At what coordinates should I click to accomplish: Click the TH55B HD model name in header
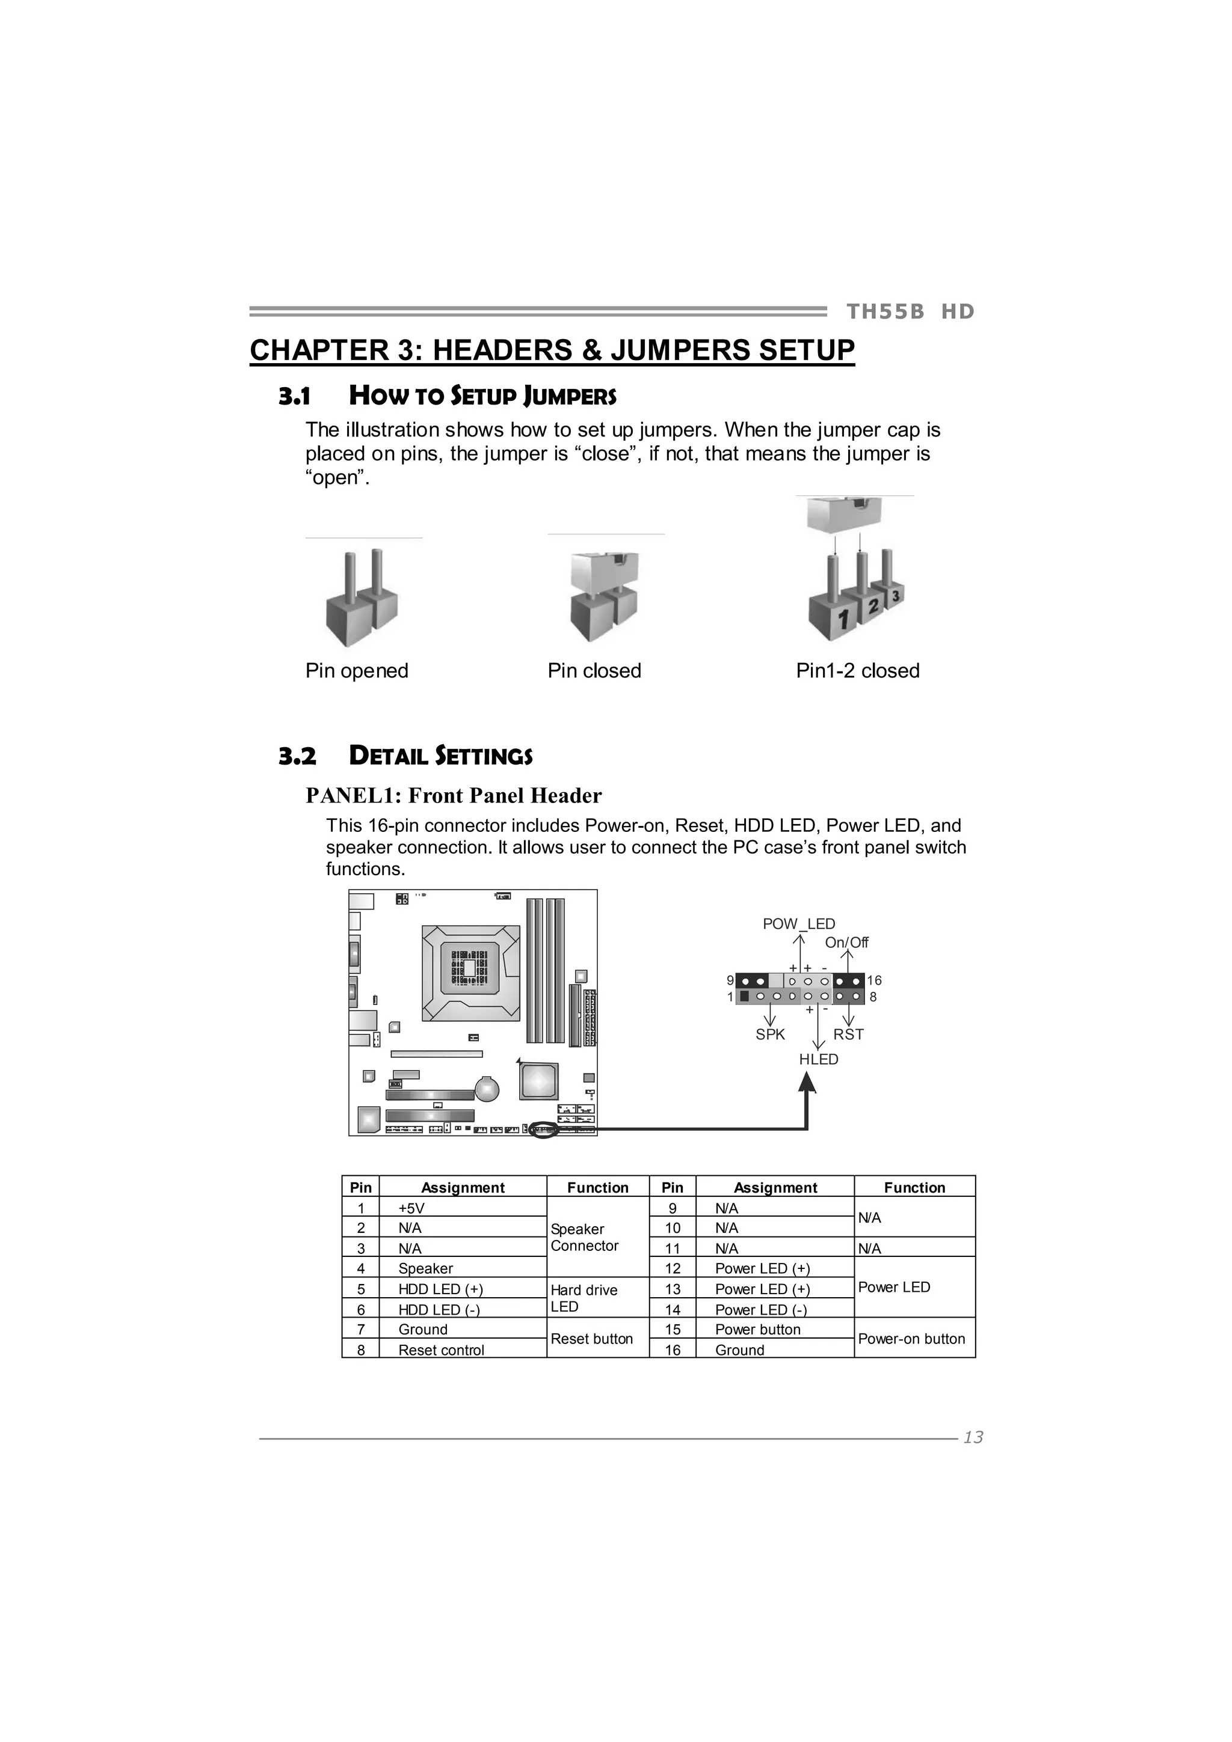[910, 312]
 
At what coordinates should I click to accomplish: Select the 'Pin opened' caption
[357, 671]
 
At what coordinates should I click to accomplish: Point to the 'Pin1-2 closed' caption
[858, 671]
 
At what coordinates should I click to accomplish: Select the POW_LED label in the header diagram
[798, 924]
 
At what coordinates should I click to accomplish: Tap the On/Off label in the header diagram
[846, 943]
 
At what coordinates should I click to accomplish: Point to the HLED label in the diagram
[818, 1059]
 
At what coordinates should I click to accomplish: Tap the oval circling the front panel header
[543, 1129]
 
